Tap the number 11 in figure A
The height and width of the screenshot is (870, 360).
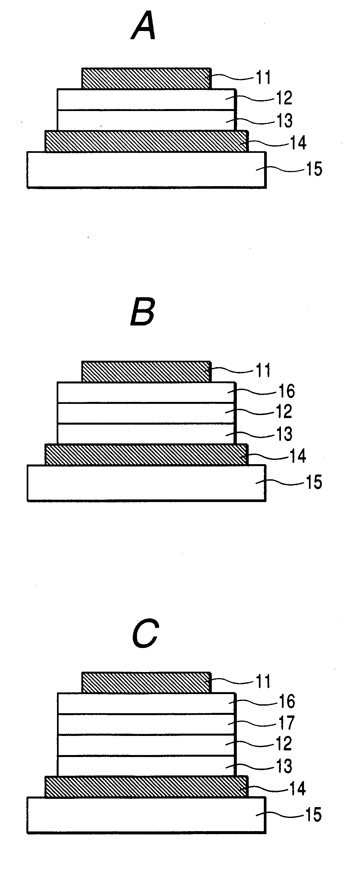coord(263,77)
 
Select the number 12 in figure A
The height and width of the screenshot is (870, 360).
coord(284,98)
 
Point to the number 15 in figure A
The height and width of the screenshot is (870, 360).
coord(314,169)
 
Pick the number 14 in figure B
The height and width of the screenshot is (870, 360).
coord(297,456)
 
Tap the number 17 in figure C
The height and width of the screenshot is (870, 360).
coord(286,722)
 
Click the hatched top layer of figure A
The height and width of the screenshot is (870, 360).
coord(146,78)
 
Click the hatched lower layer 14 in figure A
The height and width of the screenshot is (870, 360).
coord(146,142)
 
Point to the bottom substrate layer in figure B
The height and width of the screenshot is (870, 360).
coord(146,483)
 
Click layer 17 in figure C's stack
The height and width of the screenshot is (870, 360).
coord(146,724)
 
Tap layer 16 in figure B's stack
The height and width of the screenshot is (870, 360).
coord(146,392)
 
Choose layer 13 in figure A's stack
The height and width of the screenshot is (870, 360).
coord(146,120)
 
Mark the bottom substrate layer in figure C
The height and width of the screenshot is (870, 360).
coord(146,815)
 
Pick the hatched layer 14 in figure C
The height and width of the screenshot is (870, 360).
coord(146,787)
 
